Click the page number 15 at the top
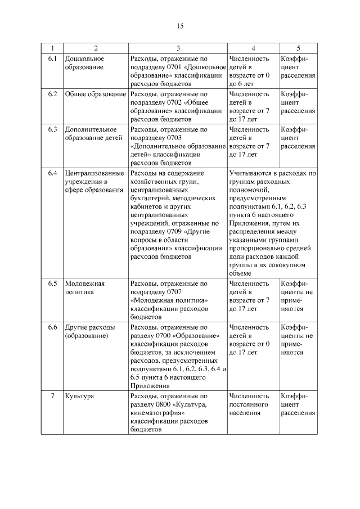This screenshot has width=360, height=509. click(x=180, y=26)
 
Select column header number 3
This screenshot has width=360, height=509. click(x=178, y=48)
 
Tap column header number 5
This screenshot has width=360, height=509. click(x=298, y=48)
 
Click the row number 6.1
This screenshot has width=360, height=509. click(x=52, y=58)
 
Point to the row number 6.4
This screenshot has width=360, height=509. click(x=52, y=173)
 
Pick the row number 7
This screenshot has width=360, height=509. click(x=52, y=396)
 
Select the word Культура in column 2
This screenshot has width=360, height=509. click(x=79, y=396)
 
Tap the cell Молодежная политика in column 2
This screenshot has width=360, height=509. click(x=85, y=288)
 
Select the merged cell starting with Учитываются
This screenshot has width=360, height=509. click(x=272, y=223)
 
